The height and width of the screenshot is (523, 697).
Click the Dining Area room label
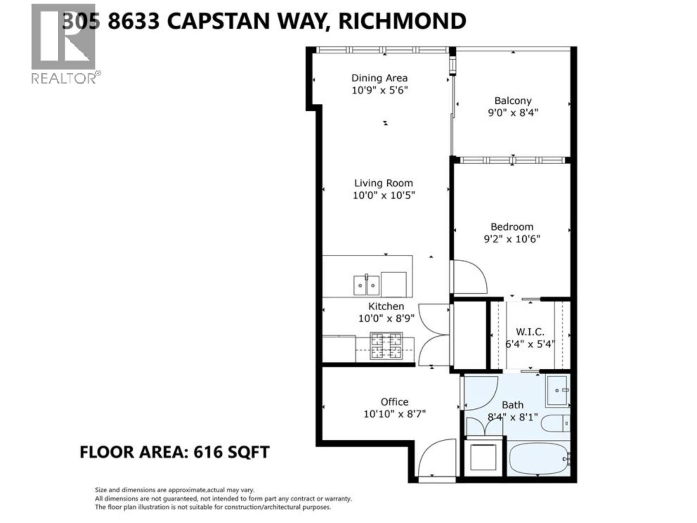coord(379,78)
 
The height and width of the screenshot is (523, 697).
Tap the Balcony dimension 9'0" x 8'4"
coord(513,112)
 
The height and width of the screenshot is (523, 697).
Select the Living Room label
coord(383,183)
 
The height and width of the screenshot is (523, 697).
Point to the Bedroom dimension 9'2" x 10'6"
coord(512,239)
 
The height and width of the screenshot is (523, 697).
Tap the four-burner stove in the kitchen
coord(386,346)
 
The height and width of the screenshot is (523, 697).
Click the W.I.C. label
coord(530,332)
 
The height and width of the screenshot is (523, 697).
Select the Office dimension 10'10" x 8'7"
coord(394,413)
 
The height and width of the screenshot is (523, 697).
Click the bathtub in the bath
coord(539,460)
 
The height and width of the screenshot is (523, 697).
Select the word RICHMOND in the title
coord(402,20)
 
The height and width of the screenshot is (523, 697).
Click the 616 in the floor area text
coord(207,452)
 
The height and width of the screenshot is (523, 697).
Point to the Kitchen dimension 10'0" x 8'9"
coord(386,319)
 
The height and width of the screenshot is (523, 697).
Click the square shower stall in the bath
coord(558,391)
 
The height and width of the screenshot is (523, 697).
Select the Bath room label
coord(512,405)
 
